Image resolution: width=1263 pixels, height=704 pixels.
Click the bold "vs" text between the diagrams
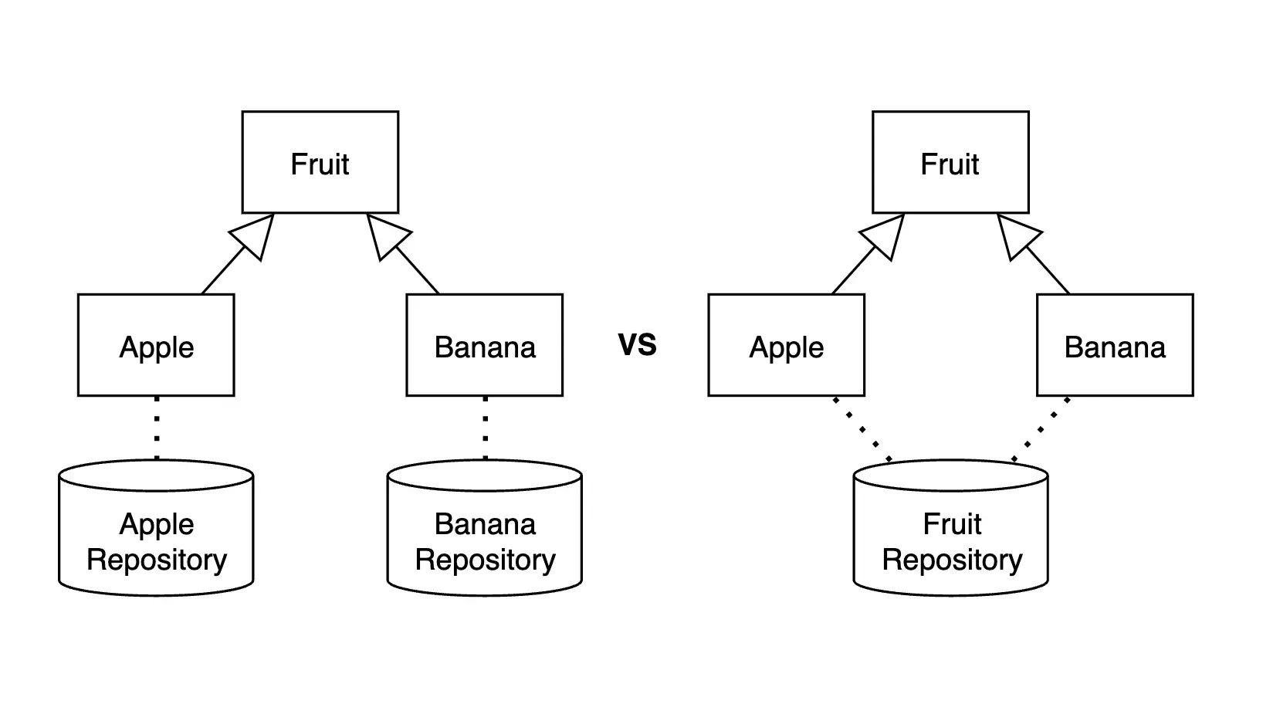[637, 344]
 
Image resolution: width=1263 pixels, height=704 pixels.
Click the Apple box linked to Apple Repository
[156, 346]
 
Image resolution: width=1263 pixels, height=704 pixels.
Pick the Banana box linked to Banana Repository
[485, 346]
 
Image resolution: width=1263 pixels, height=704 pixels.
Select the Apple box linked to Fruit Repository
[786, 346]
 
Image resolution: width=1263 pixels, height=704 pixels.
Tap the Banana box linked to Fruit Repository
[1115, 346]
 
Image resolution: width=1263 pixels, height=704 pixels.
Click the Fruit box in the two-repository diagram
[320, 163]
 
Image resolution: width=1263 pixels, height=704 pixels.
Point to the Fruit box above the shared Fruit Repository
[950, 163]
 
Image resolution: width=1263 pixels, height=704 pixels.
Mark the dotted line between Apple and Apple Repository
[157, 428]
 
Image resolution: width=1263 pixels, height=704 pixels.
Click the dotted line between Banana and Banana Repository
[485, 428]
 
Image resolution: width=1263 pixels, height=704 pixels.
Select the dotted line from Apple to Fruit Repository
[862, 428]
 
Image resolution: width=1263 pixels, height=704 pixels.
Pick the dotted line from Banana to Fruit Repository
[1041, 428]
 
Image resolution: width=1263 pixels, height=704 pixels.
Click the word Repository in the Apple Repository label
[157, 560]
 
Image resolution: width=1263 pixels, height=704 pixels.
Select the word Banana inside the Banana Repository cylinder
[485, 525]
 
